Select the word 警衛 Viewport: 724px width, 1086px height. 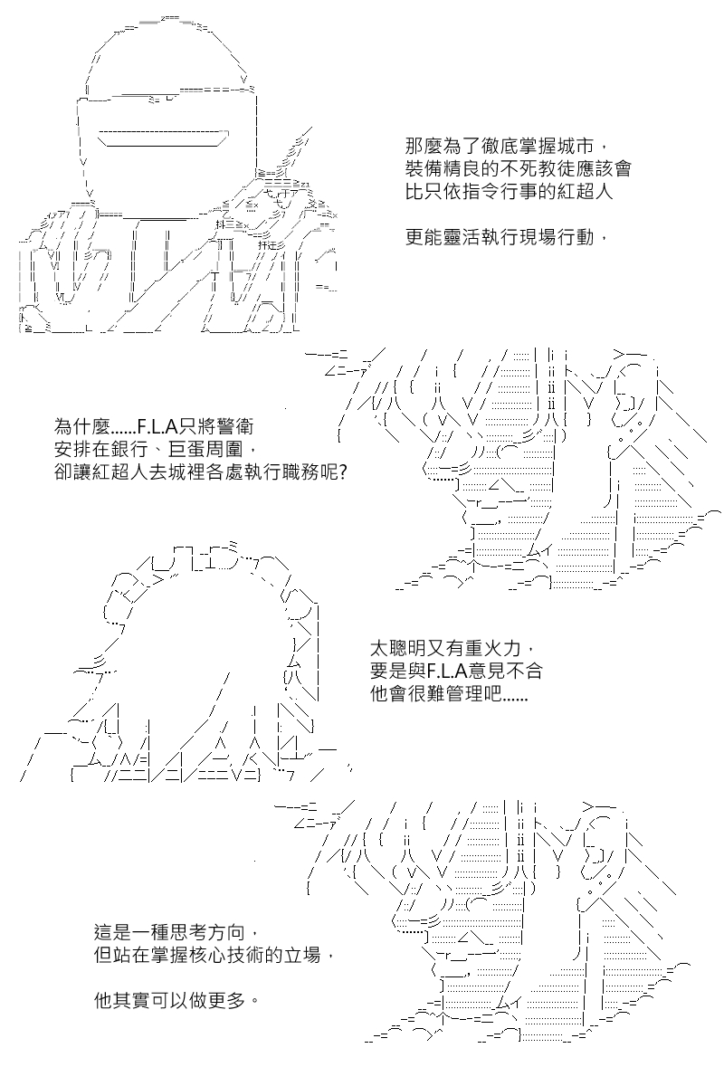point(234,426)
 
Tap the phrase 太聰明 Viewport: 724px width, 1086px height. point(397,648)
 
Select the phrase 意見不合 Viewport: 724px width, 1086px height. point(505,672)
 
